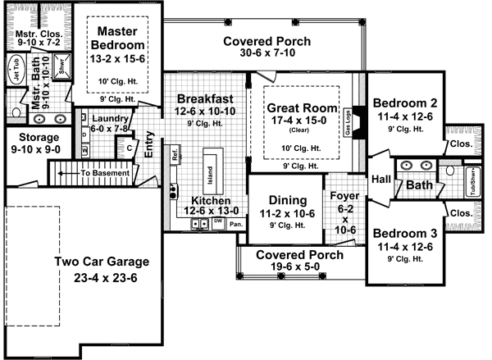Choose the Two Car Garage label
(x=102, y=262)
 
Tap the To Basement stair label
(x=104, y=173)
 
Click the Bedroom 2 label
(x=404, y=103)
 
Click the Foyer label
(x=344, y=196)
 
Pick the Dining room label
(x=287, y=199)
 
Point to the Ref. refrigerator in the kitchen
(x=175, y=154)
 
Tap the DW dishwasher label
(x=217, y=221)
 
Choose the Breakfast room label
(x=205, y=98)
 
